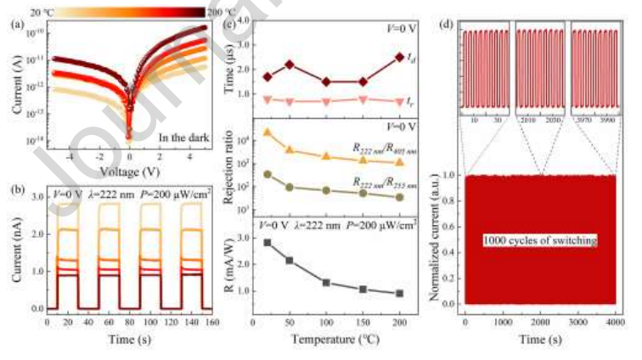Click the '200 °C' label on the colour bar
click(220, 12)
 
